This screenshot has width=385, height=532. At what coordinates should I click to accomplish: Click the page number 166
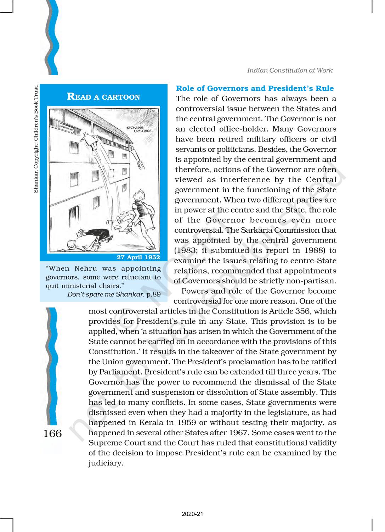pos(52,433)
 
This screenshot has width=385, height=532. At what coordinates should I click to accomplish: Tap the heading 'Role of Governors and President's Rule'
pos(255,88)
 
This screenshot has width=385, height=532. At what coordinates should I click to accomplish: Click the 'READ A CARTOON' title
pos(103,97)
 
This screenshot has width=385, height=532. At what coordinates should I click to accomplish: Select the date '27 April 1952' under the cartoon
pos(138,257)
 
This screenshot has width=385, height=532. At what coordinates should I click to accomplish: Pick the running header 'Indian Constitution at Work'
pos(290,70)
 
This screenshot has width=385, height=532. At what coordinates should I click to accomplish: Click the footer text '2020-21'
pos(192,514)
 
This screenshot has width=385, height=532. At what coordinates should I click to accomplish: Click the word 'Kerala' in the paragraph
pos(149,422)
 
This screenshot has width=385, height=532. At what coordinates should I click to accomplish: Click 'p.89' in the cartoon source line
pos(153,294)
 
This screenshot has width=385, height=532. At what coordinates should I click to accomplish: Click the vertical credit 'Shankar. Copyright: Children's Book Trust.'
pos(35,138)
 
